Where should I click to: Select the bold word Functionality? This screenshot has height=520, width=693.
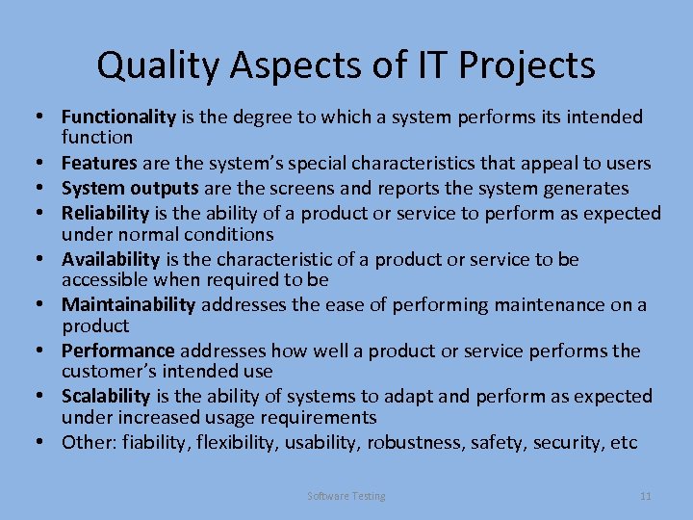point(118,117)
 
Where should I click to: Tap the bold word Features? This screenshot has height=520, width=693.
point(98,164)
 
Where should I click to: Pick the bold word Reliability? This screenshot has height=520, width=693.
point(106,212)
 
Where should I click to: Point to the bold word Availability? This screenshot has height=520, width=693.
point(111,259)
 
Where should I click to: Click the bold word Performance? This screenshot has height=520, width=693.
point(118,351)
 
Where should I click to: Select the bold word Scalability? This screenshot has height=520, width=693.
point(106,396)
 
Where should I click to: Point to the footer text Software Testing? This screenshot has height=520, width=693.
point(346,496)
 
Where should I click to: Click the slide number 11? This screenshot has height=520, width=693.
point(646,496)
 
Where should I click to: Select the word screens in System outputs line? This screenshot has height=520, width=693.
point(299,188)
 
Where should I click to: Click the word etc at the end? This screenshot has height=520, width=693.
point(625,442)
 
